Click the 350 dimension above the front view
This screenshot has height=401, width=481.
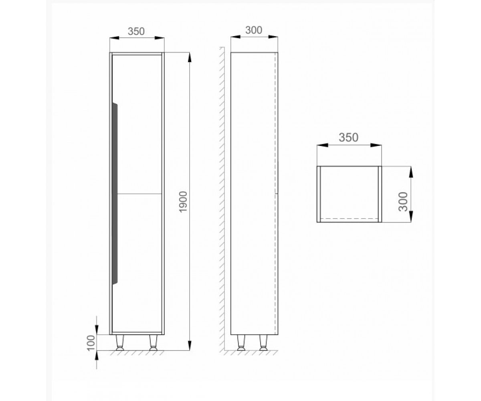(136, 31)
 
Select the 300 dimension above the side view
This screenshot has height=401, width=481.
(254, 30)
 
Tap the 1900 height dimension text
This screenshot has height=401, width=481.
(184, 202)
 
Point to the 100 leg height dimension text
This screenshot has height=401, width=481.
(91, 343)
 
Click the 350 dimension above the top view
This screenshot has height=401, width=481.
(349, 138)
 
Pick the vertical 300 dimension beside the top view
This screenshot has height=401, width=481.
(403, 202)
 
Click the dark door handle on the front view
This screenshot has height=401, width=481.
(115, 194)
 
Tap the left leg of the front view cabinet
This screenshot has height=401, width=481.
(120, 342)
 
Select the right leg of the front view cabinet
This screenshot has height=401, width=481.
(153, 342)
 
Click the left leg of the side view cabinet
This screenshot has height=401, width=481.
(241, 342)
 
